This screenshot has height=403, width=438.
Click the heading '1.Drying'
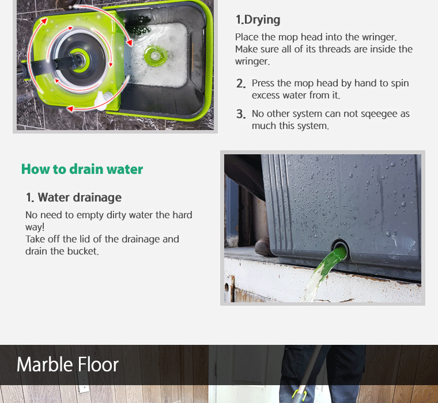(258, 20)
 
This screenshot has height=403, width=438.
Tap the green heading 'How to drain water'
(82, 169)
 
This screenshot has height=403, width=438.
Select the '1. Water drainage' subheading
(74, 197)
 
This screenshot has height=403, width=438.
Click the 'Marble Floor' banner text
(67, 364)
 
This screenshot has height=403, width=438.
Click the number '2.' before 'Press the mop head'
(241, 83)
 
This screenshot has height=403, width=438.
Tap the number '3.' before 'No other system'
(241, 114)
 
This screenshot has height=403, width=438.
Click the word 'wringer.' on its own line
(252, 62)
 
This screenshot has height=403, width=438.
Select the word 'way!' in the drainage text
(35, 227)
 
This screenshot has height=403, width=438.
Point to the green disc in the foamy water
(155, 55)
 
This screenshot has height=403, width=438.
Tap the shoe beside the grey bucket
(264, 247)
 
